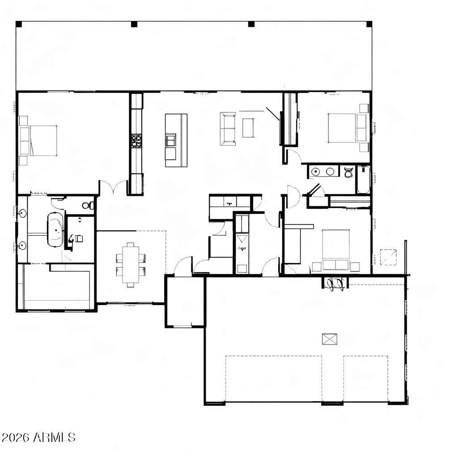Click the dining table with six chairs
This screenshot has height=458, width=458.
pos(131,265)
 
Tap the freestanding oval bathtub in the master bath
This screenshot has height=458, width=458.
pos(55,229)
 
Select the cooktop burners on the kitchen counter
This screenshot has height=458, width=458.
pos(136,141)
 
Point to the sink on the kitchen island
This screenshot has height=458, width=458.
pos(171,140)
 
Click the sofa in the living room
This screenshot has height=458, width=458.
pos(228,129)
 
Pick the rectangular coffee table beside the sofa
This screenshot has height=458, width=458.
pos(248,127)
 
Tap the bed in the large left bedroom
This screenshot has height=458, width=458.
pos(38,141)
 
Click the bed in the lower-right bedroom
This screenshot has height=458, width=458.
pos(336,250)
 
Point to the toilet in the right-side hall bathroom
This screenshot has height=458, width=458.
pos(348,173)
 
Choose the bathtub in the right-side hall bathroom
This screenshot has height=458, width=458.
pos(363,180)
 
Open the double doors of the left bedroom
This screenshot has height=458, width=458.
pos(113,187)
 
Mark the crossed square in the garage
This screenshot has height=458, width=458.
pos(330,339)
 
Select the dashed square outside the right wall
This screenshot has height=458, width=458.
pos(388,257)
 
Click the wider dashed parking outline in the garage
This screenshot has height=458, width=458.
pos(274,378)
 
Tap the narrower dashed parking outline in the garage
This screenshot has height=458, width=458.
pos(366,378)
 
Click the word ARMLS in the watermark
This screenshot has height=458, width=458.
pos(54,437)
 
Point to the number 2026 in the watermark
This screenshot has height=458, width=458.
pos(16,437)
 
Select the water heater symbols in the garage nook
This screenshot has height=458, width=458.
pos(335,284)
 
